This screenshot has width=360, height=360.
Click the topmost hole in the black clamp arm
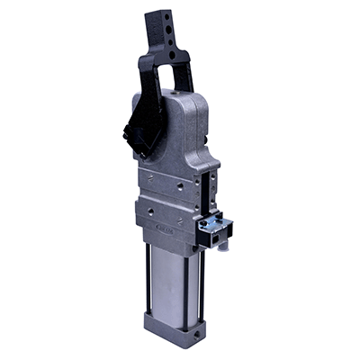point(166,17)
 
